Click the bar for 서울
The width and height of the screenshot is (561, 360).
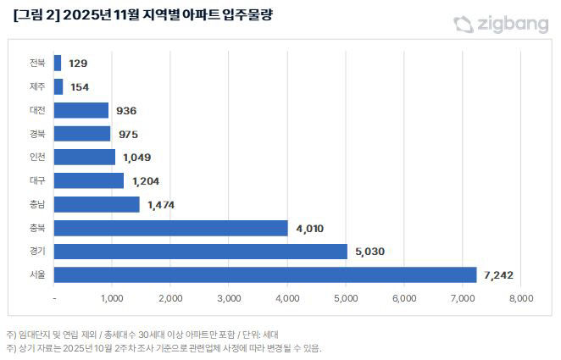tap(264, 274)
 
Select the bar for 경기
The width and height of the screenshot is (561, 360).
tap(200, 252)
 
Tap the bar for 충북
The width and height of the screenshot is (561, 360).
tap(170, 228)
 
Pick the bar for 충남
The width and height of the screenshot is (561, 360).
tap(96, 204)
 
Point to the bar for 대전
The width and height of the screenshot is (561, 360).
tap(81, 110)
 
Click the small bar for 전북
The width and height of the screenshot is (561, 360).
tap(57, 64)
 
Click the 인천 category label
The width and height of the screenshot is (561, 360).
tap(37, 158)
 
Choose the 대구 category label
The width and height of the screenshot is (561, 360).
tap(37, 180)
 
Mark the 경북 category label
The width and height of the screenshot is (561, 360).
tap(37, 134)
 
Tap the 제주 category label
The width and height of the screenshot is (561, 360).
tap(37, 87)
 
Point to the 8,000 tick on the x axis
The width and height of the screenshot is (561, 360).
tap(520, 298)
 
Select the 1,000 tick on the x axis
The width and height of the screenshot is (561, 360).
tap(113, 298)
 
